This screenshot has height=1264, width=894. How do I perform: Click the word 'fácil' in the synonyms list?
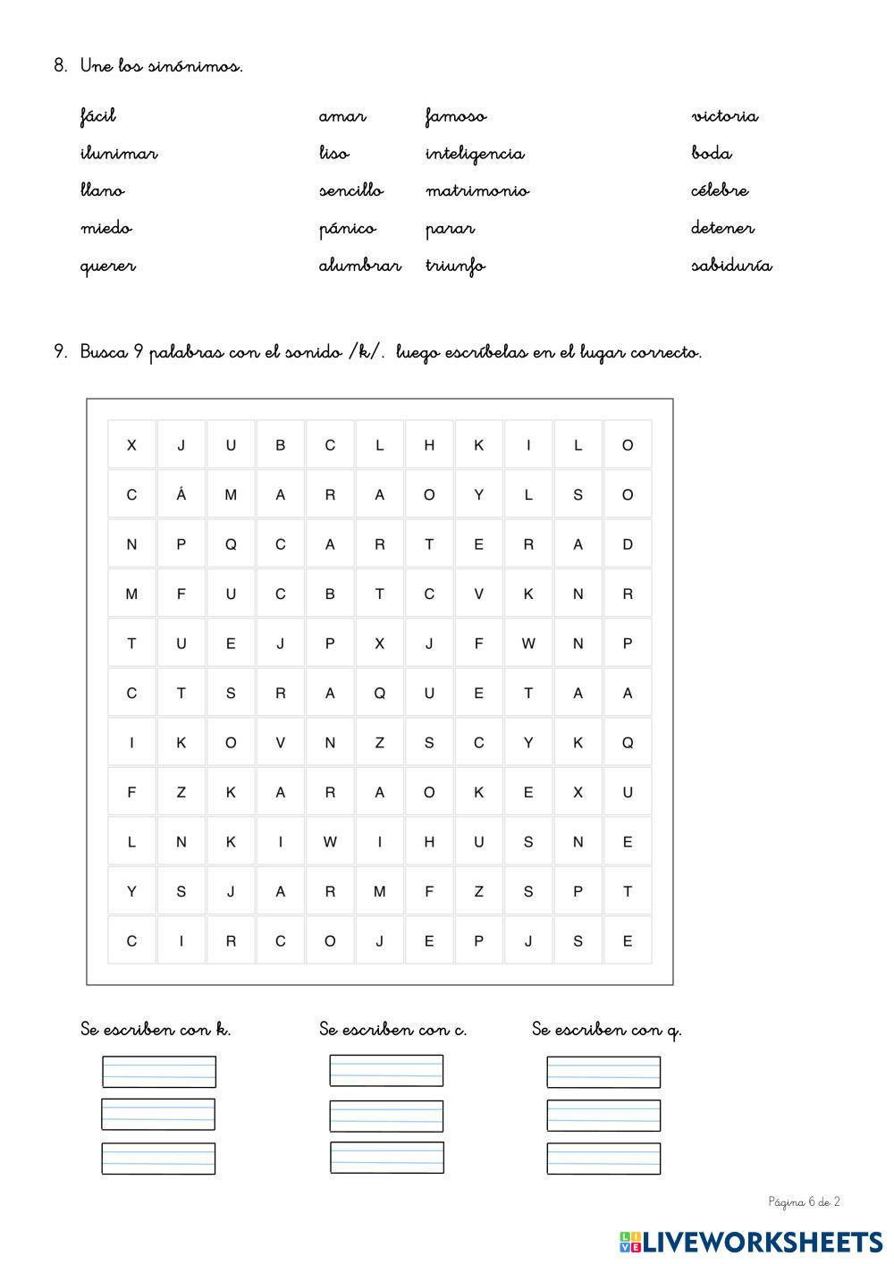pos(97,116)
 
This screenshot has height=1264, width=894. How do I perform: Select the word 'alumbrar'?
pos(359,265)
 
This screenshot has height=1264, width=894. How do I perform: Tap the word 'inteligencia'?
pos(475,154)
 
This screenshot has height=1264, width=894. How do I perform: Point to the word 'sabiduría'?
pos(731,265)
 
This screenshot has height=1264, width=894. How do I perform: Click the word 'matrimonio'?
pos(477,191)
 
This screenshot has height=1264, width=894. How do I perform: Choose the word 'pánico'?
pos(347,229)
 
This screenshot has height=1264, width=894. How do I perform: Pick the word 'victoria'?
pos(724,116)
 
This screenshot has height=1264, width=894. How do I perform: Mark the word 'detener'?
pos(722,229)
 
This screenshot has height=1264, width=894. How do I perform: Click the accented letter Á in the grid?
pos(181,494)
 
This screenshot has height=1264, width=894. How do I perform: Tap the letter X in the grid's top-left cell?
pos(131,445)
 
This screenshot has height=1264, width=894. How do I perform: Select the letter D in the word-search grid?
pos(628,544)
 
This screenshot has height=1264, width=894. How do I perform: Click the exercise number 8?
pos(60,66)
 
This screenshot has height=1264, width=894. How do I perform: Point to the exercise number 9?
pos(60,352)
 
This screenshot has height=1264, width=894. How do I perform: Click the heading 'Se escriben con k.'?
pos(156,1030)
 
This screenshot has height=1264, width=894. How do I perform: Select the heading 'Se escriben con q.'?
pos(606,1030)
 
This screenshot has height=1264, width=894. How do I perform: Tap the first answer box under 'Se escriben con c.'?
pos(386,1071)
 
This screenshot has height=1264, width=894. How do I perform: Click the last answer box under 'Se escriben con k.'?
pos(158,1159)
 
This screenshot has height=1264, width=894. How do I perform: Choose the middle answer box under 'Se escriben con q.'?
pos(603,1116)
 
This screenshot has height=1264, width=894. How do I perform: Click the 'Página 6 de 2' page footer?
pos(804,1202)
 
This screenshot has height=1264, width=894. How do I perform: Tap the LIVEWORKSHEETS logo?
pos(751,1242)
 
